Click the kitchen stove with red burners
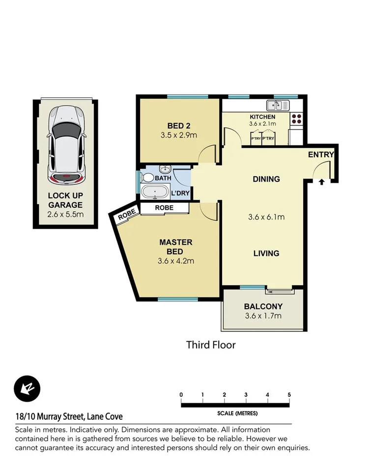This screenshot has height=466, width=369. tap(297, 118)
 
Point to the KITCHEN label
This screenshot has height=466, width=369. tap(262, 117)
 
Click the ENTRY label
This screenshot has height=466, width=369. tap(320, 155)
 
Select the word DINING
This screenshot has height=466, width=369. tap(266, 179)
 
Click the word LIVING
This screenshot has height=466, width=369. tap(266, 253)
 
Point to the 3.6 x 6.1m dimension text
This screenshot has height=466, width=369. tap(266, 217)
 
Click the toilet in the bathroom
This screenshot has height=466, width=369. tap(147, 178)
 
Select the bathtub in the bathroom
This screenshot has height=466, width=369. tap(155, 192)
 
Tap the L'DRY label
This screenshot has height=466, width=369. tap(180, 193)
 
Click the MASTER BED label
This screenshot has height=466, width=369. tap(176, 247)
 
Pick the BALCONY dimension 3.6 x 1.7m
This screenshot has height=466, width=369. tap(263, 316)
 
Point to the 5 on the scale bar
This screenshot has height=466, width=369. tap(289, 395)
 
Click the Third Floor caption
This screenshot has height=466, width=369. tap(211, 345)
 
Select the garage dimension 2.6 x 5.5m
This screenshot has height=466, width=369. tap(65, 214)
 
